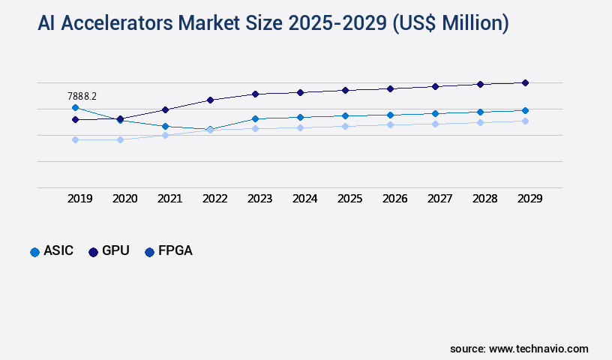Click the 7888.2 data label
pos(82,96)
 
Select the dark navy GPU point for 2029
pos(525,82)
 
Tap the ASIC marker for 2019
pos(75,108)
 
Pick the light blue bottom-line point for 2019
pos(75,139)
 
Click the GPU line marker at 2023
pos(255,94)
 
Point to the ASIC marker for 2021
pos(165,126)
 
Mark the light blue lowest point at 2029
pos(525,121)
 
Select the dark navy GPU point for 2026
pos(390,88)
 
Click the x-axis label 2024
pos(305,199)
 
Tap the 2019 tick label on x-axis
pos(80,199)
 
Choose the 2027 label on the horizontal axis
pos(440,199)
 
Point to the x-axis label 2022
pos(215,199)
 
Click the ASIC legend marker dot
pos(34,252)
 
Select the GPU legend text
pos(115,251)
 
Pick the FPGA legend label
pos(175,251)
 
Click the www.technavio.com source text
pos(538,349)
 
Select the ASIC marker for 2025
pos(345,115)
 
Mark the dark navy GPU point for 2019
pos(75,119)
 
